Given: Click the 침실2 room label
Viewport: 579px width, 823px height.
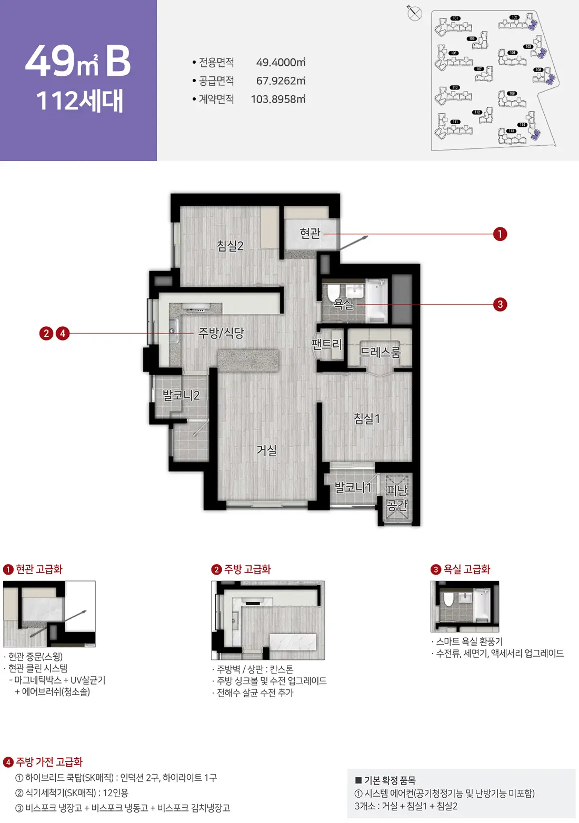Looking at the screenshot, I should click(x=230, y=246).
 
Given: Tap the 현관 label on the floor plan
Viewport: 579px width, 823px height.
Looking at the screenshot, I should click(x=310, y=233).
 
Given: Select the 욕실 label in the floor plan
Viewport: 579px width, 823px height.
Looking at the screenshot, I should click(x=344, y=304).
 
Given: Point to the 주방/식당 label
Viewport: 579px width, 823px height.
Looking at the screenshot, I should click(x=221, y=333).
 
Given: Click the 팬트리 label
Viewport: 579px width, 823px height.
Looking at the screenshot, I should click(x=327, y=345).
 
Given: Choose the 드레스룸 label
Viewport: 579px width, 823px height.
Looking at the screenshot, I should click(x=380, y=352).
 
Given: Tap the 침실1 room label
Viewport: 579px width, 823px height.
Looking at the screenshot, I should click(x=367, y=419).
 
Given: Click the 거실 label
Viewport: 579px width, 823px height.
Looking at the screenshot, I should click(x=267, y=450).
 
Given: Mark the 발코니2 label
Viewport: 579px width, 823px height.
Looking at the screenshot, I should click(x=181, y=395).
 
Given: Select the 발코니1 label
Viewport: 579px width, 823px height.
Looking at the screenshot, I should click(x=353, y=488).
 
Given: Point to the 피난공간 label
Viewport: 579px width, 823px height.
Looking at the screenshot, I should click(x=397, y=498).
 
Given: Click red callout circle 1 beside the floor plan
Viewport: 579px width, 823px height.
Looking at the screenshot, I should click(x=500, y=234).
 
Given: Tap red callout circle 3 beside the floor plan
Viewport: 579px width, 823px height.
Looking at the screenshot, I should click(x=500, y=304).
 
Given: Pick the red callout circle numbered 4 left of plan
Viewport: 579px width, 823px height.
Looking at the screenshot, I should click(x=63, y=333).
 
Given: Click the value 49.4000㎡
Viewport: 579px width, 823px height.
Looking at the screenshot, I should click(x=281, y=63).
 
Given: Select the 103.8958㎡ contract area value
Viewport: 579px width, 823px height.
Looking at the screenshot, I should click(x=278, y=99).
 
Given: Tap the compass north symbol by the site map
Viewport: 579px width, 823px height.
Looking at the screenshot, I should click(x=415, y=13).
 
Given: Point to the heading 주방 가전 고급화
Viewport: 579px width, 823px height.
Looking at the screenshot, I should click(x=49, y=762).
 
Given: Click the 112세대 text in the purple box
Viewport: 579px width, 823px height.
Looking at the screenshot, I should click(x=79, y=101).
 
